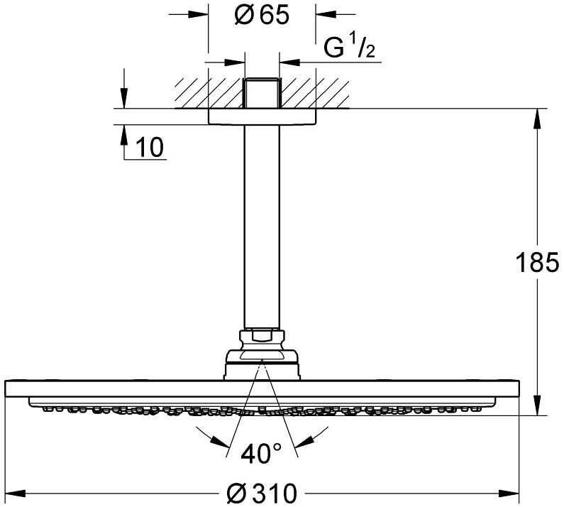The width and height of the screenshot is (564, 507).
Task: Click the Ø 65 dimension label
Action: click(262, 15)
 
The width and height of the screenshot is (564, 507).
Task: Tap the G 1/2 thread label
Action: click(349, 47)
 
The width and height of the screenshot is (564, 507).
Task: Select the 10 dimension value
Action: click(150, 147)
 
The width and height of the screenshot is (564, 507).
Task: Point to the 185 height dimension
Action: click(537, 262)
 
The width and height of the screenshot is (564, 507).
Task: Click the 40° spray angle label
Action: click(261, 454)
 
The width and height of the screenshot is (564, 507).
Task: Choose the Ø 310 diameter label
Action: click(262, 493)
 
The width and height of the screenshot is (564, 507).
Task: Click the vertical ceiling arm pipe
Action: click(262, 227)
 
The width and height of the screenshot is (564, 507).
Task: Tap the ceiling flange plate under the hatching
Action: click(262, 116)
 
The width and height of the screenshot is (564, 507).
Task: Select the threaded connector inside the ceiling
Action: click(262, 93)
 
